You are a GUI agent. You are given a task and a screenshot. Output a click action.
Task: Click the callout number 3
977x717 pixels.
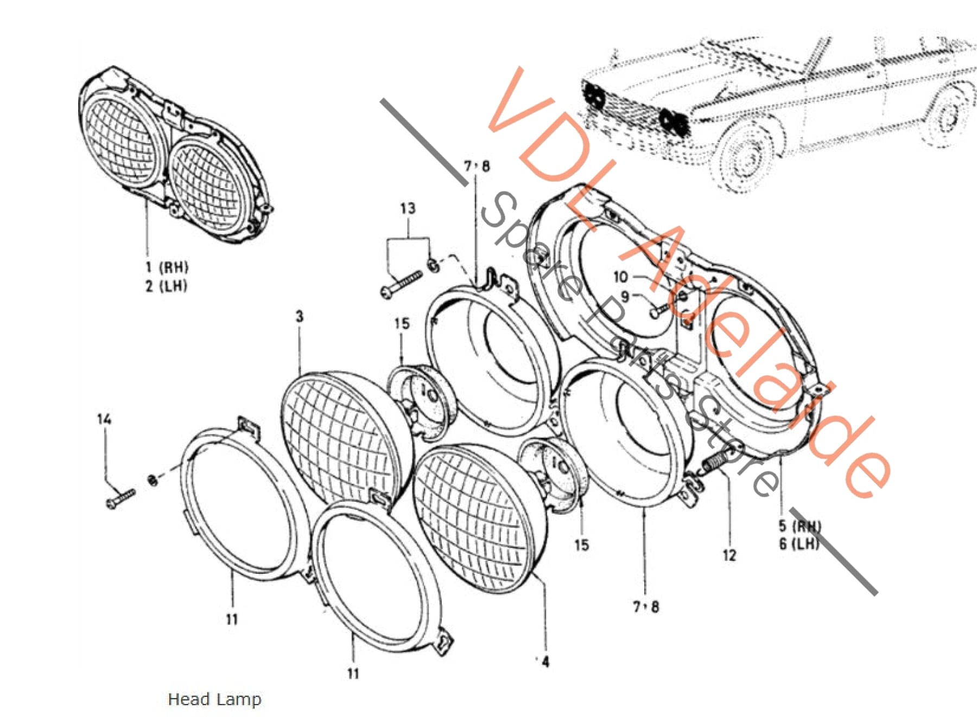pyautogui.click(x=300, y=316)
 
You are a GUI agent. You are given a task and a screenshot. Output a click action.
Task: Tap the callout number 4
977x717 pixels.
pyautogui.click(x=545, y=662)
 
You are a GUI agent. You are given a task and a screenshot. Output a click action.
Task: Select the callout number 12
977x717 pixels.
pyautogui.click(x=729, y=555)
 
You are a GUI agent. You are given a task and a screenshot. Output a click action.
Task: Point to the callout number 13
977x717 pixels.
pyautogui.click(x=408, y=208)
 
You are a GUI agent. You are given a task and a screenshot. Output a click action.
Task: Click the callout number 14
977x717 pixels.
pyautogui.click(x=104, y=419)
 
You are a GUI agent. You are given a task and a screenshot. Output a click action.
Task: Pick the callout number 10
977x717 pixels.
pyautogui.click(x=620, y=277)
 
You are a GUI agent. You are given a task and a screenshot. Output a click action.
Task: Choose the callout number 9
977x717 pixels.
pyautogui.click(x=625, y=297)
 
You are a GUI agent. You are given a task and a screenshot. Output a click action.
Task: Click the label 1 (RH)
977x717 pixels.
pyautogui.click(x=167, y=267)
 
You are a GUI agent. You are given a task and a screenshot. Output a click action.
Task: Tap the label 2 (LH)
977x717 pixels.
pyautogui.click(x=166, y=286)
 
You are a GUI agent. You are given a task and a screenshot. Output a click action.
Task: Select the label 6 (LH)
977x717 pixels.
pyautogui.click(x=799, y=543)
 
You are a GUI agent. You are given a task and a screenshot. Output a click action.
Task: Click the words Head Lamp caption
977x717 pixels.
pyautogui.click(x=214, y=699)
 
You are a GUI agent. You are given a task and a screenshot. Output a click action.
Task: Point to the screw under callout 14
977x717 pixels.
pyautogui.click(x=120, y=498)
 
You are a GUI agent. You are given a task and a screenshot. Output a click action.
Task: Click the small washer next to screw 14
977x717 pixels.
pyautogui.click(x=153, y=480)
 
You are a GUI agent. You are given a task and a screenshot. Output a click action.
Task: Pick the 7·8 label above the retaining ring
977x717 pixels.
pyautogui.click(x=477, y=166)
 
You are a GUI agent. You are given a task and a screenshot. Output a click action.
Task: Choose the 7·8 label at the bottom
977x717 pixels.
pyautogui.click(x=646, y=606)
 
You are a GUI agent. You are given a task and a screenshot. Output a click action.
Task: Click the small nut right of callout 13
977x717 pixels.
pyautogui.click(x=434, y=265)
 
